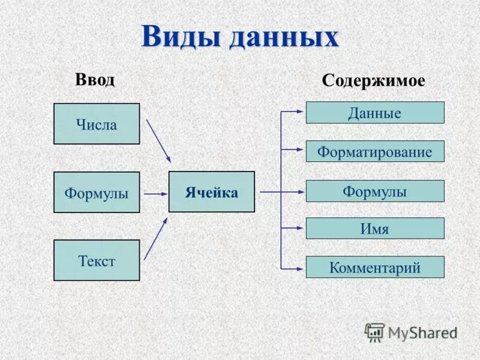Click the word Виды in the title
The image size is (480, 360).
[x=181, y=37]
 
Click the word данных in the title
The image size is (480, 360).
[x=283, y=37]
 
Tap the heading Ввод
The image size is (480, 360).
[x=95, y=79]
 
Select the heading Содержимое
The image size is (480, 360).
[x=373, y=81]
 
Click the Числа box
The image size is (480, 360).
[x=97, y=124]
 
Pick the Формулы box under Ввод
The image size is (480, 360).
[x=97, y=193]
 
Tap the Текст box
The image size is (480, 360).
[x=97, y=260]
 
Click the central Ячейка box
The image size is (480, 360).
[x=211, y=192]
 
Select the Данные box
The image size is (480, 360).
[x=375, y=113]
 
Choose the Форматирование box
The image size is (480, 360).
[x=375, y=152]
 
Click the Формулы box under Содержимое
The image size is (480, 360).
[x=375, y=191]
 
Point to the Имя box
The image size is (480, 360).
[x=375, y=229]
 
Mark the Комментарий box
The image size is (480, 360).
[x=375, y=268]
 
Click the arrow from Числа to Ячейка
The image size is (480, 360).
[x=158, y=140]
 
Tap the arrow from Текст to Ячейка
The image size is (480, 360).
[x=155, y=238]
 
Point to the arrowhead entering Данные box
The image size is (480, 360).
[x=300, y=111]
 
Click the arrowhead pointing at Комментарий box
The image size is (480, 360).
[x=300, y=267]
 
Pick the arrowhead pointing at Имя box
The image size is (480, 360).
[x=300, y=228]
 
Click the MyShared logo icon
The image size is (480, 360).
[x=374, y=332]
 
